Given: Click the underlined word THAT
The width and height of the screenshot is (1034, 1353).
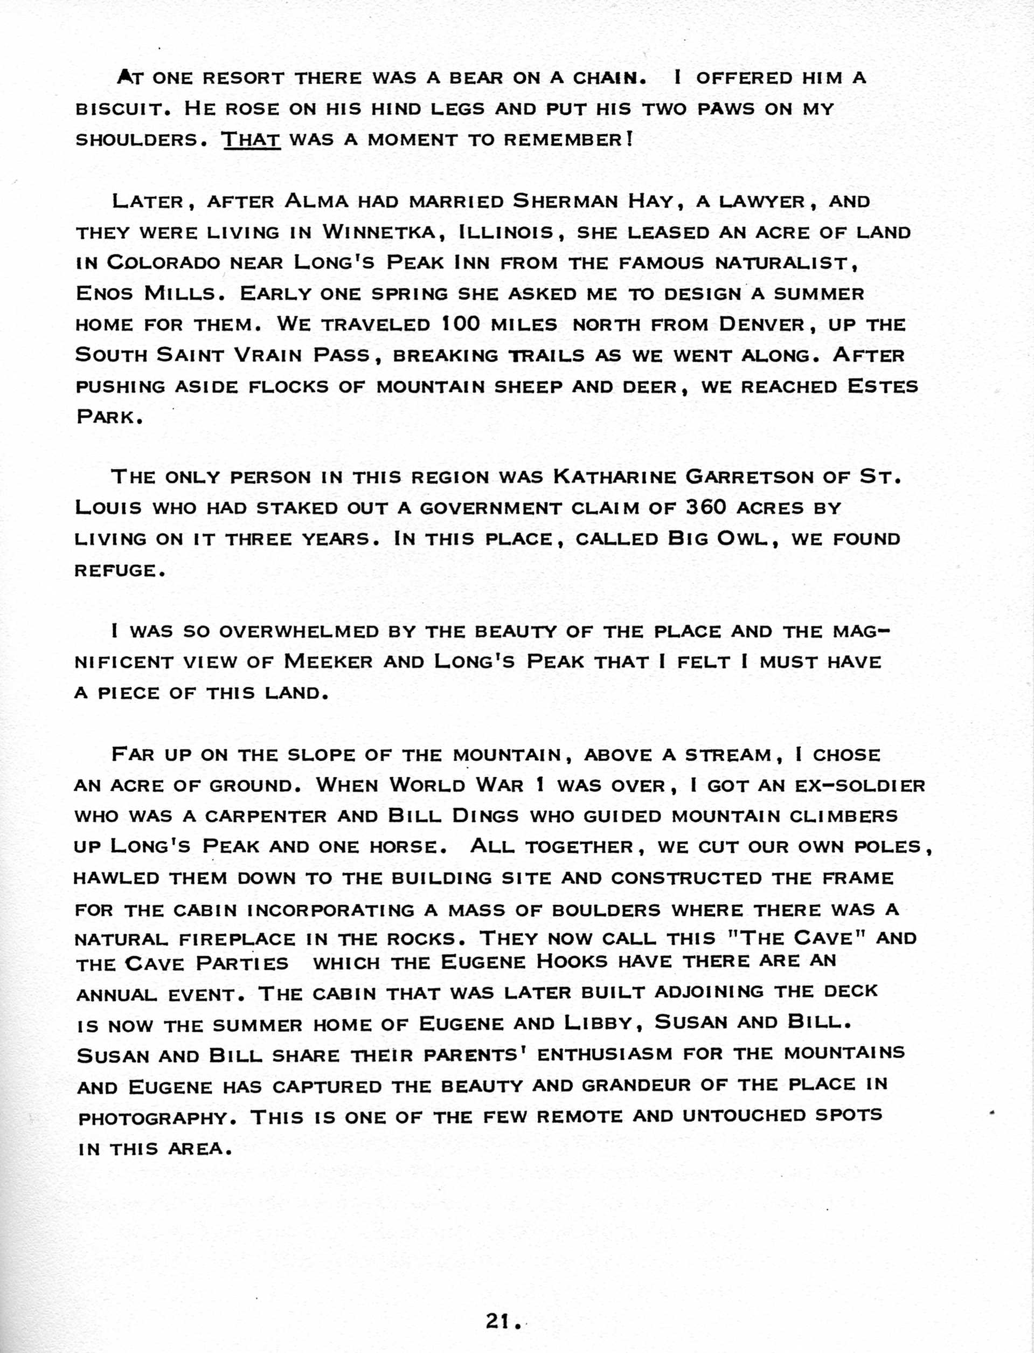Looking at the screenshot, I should (x=251, y=140).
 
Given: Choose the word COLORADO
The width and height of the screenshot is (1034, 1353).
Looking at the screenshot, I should (x=163, y=264).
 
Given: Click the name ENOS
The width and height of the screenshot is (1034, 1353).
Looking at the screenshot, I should (x=103, y=294).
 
